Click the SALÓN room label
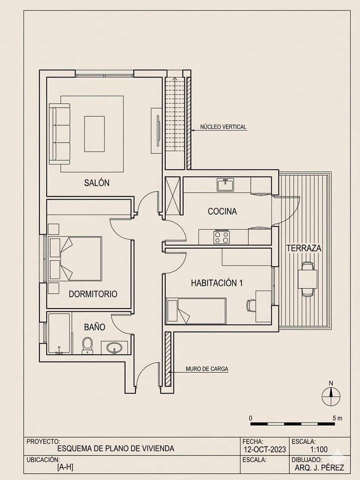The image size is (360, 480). (x=96, y=183)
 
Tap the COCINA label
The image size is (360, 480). (x=222, y=211)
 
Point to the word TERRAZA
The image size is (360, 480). (x=304, y=248)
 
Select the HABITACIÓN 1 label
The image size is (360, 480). (x=217, y=283)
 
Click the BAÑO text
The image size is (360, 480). (x=94, y=327)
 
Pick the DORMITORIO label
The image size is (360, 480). (x=93, y=294)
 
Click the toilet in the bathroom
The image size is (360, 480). (x=87, y=345)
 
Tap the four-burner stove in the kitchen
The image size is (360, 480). (x=221, y=237)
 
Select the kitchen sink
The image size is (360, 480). (x=226, y=185)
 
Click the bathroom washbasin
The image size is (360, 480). (x=115, y=347)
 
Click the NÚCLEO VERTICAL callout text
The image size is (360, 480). (x=223, y=127)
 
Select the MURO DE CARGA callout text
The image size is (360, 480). (x=207, y=368)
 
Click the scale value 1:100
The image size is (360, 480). (x=319, y=449)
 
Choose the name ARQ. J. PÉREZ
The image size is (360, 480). (x=319, y=468)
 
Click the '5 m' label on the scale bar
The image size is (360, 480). (x=337, y=418)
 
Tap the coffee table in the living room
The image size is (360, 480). (x=94, y=134)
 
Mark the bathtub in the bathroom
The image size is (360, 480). (x=59, y=334)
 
